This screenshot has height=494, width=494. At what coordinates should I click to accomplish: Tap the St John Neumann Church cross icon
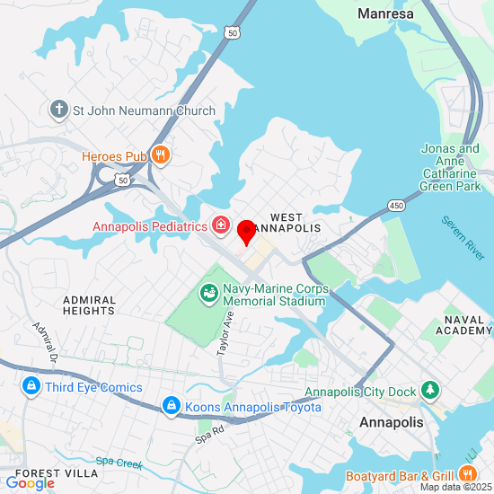coord(60,110)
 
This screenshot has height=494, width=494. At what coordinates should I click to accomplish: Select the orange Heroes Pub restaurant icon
coord(161,155)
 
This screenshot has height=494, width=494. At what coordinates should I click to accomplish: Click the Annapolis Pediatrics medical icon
coord(220,225)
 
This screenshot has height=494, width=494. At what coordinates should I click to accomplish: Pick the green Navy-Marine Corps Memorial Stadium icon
coord(208,293)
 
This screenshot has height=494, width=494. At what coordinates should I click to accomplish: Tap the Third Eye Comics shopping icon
coord(31,387)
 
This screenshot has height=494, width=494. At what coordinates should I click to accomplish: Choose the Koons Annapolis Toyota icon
coord(170,407)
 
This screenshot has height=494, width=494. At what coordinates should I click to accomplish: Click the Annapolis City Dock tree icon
coord(432,391)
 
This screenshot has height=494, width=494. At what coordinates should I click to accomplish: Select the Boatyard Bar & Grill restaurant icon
coord(466,473)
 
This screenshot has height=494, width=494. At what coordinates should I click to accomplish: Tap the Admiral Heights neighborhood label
coord(89,304)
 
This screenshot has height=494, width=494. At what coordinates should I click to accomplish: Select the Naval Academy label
coord(463,325)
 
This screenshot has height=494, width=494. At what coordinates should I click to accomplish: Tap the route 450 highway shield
coord(396,207)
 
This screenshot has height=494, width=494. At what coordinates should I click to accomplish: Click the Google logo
coord(30,483)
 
